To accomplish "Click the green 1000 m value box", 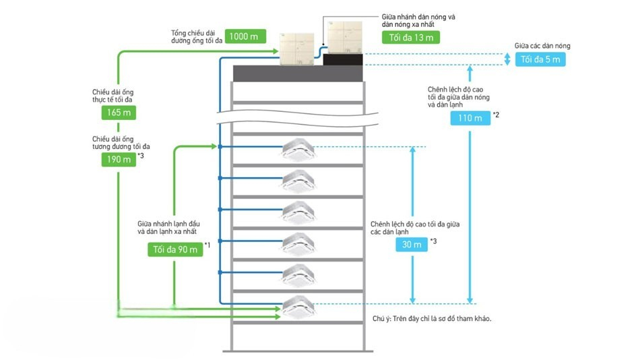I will click(x=247, y=36).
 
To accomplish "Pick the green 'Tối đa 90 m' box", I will click(x=174, y=249).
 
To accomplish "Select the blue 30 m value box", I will click(x=412, y=245).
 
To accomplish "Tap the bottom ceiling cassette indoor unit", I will click(x=298, y=307).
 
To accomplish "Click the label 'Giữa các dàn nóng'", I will click(x=542, y=46).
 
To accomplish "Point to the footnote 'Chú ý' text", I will click(x=431, y=319).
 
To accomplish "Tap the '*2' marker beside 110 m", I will click(x=496, y=114).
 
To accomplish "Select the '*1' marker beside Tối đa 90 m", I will click(x=207, y=245).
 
